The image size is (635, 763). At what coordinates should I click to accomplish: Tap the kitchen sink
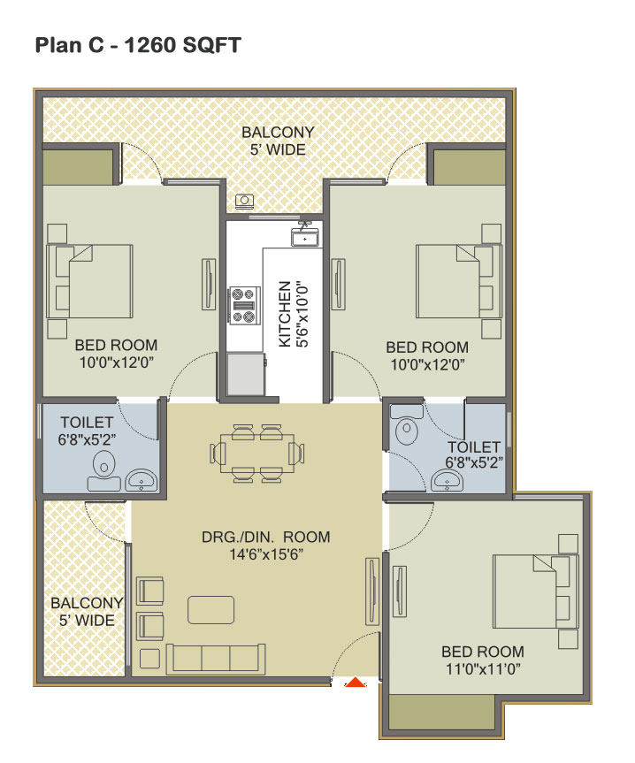[x=304, y=238]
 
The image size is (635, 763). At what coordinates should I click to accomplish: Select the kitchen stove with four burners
[x=244, y=306]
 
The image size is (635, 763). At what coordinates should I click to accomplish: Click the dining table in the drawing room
[x=257, y=453]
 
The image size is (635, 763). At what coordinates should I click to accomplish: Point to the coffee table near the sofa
[x=210, y=610]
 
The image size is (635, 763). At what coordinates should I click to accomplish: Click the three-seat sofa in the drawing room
[x=216, y=659]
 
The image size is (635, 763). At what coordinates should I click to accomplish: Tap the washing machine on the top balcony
[x=244, y=201]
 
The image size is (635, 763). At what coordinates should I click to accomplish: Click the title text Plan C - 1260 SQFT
[x=138, y=45]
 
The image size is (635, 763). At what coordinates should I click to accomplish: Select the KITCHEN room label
[x=285, y=314]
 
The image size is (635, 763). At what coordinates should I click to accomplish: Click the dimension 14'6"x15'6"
[x=266, y=554]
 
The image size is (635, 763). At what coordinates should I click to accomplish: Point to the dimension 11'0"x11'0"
[x=483, y=669]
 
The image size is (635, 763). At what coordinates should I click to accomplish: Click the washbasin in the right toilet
[x=448, y=480]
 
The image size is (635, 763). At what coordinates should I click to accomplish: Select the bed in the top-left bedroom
[x=89, y=281]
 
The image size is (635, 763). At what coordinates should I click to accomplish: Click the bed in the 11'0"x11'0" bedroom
[x=536, y=591]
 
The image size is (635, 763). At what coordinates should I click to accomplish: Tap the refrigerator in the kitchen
[x=246, y=374]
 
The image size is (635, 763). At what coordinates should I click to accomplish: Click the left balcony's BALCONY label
[x=87, y=603]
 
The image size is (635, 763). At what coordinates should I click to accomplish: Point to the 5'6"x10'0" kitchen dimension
[x=302, y=314]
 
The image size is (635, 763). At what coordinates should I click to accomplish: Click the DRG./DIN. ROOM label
[x=265, y=537]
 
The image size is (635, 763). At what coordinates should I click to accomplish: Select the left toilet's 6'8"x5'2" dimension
[x=87, y=439]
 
